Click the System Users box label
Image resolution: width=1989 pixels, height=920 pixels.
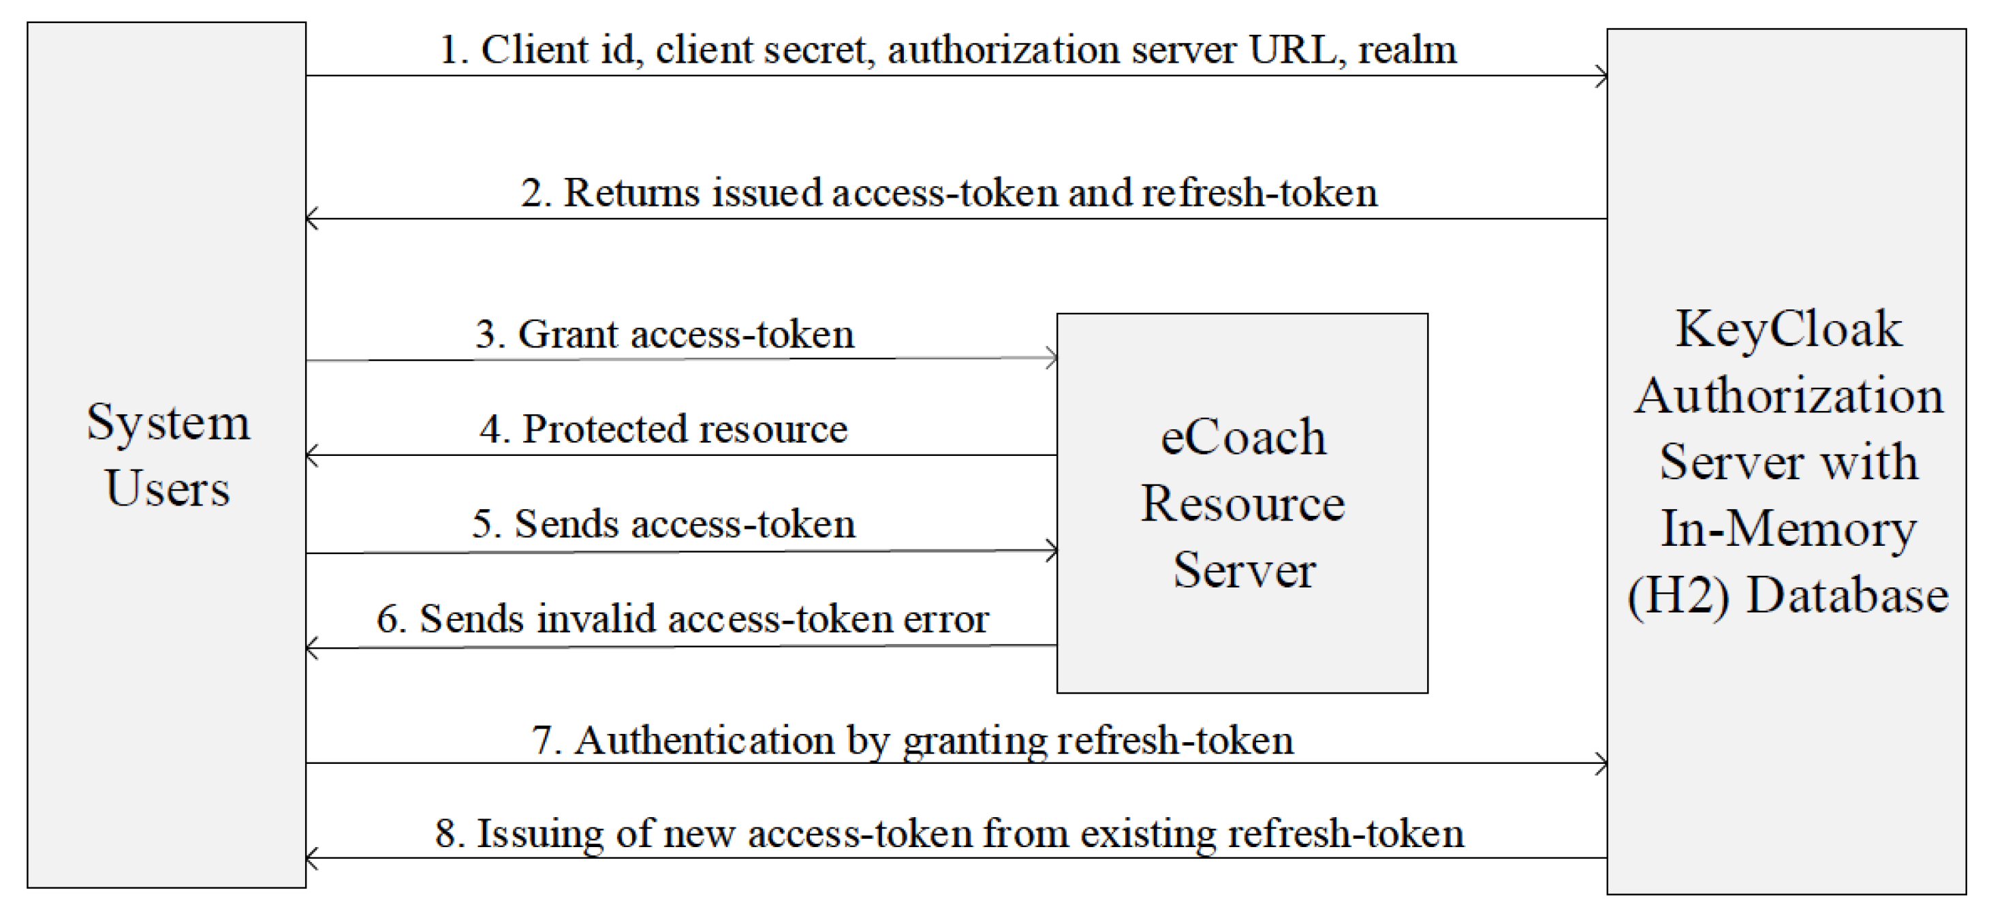click(x=168, y=455)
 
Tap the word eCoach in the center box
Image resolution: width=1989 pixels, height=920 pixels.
click(x=1243, y=438)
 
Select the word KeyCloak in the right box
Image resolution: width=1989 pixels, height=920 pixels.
click(x=1788, y=330)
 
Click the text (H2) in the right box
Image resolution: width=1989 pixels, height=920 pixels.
click(x=1678, y=596)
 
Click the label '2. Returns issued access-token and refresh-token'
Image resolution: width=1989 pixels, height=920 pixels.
click(x=949, y=192)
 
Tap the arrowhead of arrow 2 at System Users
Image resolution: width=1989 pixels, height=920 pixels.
click(x=312, y=219)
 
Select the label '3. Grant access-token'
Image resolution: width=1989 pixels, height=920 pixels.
click(x=665, y=335)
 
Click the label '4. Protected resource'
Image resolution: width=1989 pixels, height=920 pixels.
click(x=663, y=429)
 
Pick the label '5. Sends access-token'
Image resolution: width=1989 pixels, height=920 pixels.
click(x=663, y=525)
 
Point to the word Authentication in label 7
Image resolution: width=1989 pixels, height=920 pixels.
click(x=704, y=741)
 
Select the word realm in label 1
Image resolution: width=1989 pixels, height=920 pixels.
click(x=1407, y=50)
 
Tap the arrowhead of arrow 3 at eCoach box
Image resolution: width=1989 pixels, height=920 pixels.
click(x=1052, y=358)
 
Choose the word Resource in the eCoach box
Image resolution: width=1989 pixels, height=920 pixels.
click(x=1243, y=504)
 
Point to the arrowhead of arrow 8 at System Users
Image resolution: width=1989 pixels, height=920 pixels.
click(x=312, y=858)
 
